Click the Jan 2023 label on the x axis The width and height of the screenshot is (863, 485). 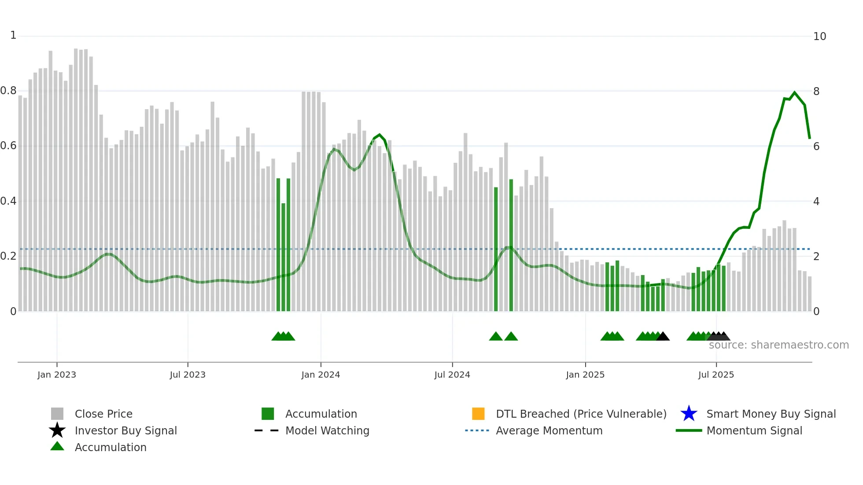(x=56, y=375)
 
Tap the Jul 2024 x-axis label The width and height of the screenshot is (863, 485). (x=452, y=375)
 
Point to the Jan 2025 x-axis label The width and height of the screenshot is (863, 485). (x=585, y=375)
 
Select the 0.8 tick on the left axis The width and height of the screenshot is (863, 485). (x=8, y=91)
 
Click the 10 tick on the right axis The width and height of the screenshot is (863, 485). (x=819, y=37)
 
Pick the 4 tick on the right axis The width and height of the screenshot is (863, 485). (x=816, y=202)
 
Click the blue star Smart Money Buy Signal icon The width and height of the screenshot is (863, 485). (x=689, y=414)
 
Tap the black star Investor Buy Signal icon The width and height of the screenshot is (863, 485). (x=57, y=430)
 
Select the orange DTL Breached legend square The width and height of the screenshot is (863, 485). (x=478, y=414)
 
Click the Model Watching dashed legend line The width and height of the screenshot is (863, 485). (x=266, y=430)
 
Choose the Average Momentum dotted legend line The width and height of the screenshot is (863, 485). (x=477, y=430)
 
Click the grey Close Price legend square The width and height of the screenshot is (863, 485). (x=57, y=414)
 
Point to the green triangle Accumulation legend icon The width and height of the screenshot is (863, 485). (x=57, y=446)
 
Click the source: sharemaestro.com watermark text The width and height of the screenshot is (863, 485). (x=778, y=345)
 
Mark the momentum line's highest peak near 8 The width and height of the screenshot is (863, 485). (x=794, y=92)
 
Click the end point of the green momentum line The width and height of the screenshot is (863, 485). (x=809, y=138)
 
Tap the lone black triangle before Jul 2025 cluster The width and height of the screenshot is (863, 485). (x=663, y=337)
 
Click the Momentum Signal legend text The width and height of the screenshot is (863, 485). (x=754, y=430)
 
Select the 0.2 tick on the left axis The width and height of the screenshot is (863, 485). (x=8, y=256)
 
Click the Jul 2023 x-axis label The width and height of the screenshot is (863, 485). (x=188, y=375)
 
